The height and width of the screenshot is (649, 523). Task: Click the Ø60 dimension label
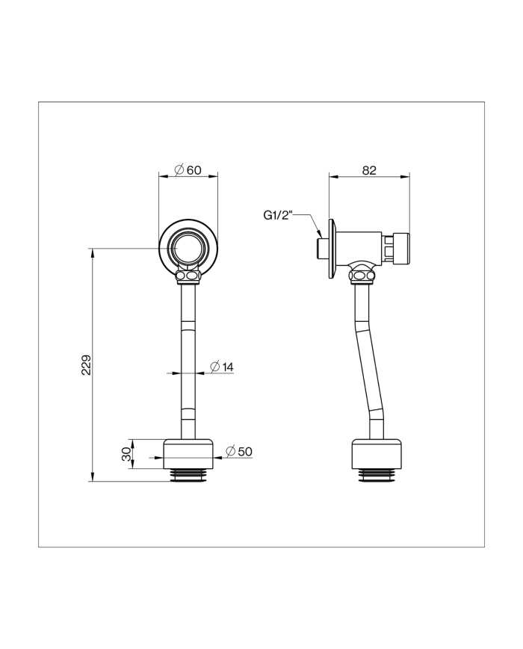coord(188,170)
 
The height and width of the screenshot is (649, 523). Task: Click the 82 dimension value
coord(369,170)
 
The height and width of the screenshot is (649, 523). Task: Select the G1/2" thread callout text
coord(278,215)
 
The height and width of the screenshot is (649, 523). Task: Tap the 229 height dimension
coord(86,364)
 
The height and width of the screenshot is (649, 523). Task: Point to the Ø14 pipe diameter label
coord(222,367)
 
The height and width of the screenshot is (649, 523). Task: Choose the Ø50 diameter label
coord(239,451)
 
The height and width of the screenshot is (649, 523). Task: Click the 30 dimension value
coord(126,454)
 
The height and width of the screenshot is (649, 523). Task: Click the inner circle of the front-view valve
coord(188,246)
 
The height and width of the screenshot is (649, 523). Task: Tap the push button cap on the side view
coord(401,248)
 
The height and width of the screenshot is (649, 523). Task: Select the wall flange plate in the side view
coord(332,248)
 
